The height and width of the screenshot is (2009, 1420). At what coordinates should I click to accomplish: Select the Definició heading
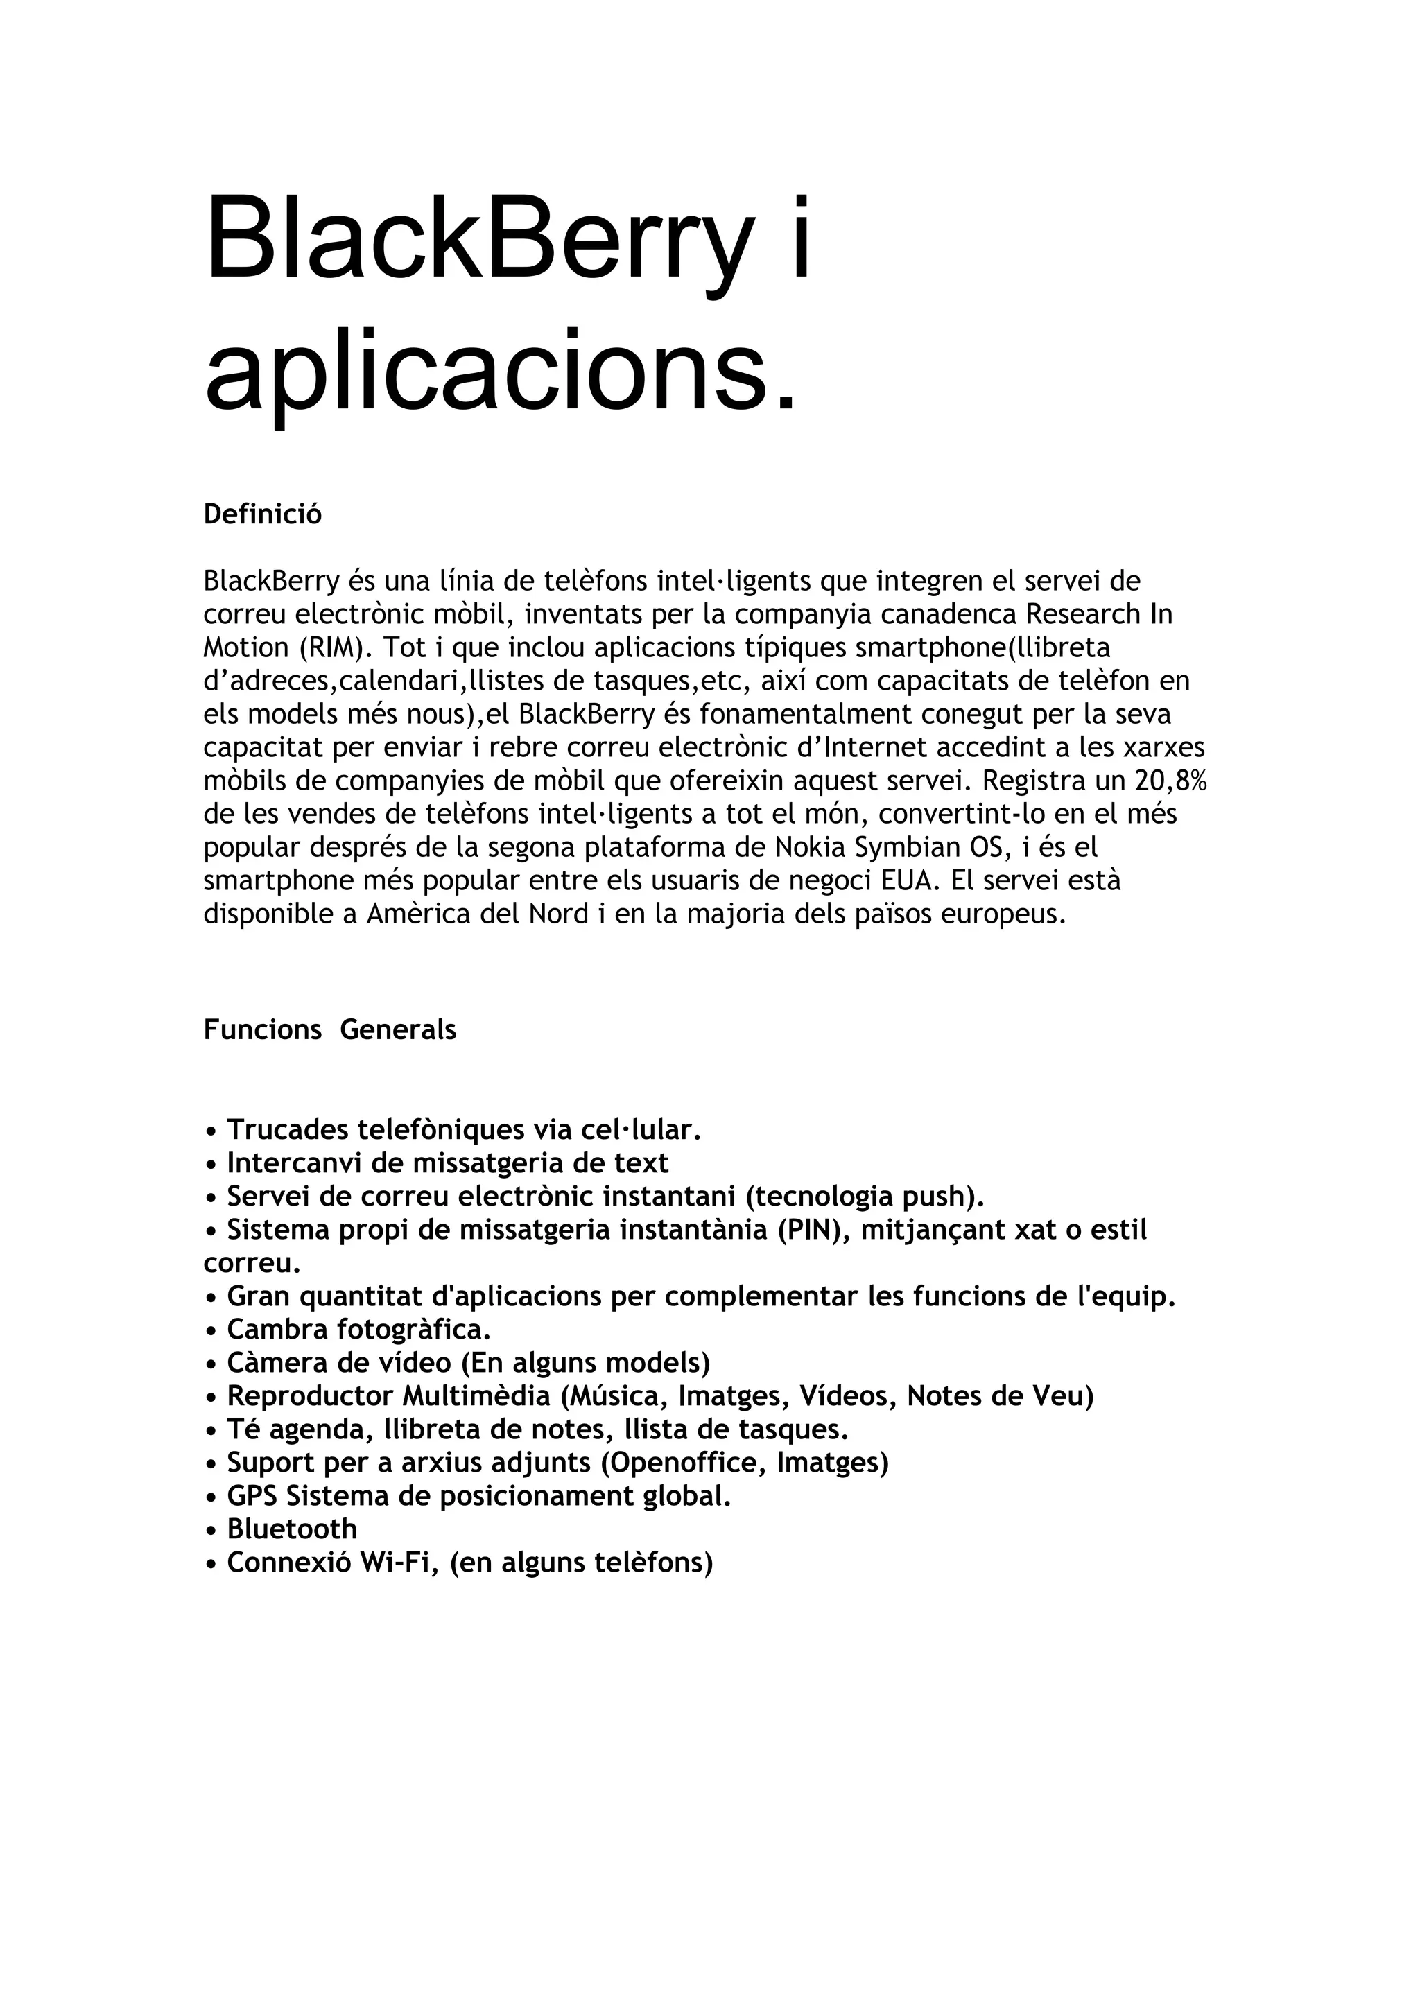tap(263, 514)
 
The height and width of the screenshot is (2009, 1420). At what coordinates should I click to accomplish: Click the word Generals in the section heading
tap(398, 1030)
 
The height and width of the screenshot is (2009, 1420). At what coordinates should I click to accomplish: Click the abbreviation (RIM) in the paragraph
tap(331, 647)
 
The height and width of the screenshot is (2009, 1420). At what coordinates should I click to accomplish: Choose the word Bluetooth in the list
tap(292, 1529)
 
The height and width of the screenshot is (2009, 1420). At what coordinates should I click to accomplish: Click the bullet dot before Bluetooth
tap(210, 1531)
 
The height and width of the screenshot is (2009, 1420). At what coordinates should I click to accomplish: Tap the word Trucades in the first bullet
tap(287, 1131)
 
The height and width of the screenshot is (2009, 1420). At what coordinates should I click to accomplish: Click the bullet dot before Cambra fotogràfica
tap(210, 1332)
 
